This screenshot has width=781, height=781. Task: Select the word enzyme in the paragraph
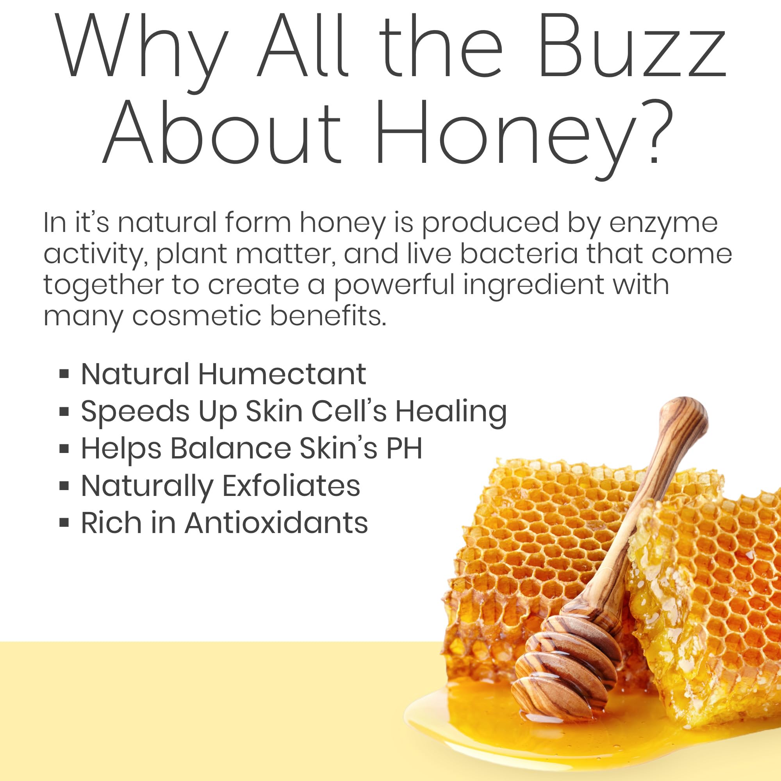[x=663, y=223]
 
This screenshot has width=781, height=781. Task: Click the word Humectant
[x=282, y=374]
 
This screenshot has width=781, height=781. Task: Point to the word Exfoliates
[x=291, y=485]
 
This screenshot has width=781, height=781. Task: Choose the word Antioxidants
[x=276, y=523]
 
